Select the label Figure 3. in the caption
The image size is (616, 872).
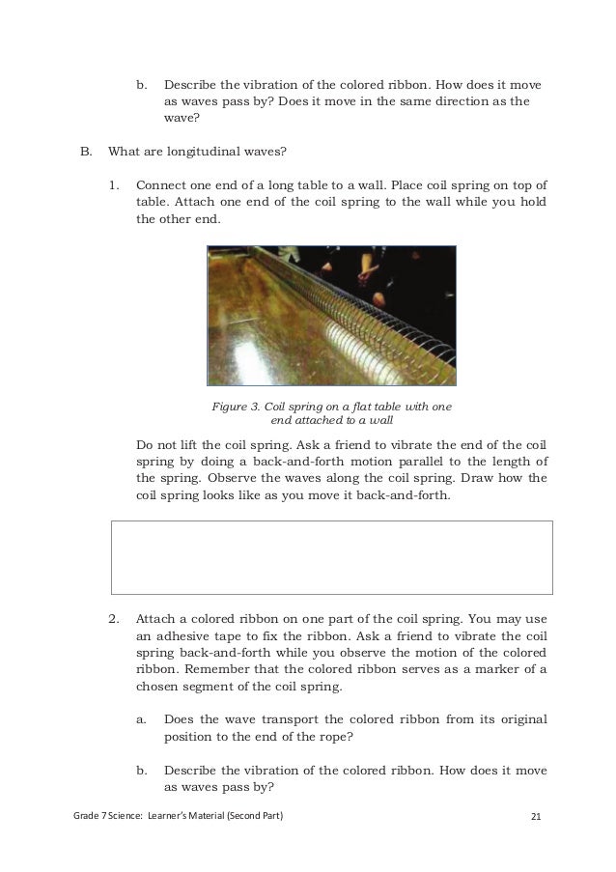[236, 407]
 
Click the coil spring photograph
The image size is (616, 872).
[331, 316]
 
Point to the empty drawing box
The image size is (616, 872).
[332, 557]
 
